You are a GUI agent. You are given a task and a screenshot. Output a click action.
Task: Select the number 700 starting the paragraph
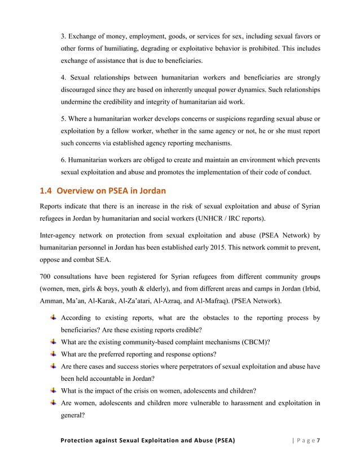46,276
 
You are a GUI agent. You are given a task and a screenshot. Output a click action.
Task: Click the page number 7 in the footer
318,439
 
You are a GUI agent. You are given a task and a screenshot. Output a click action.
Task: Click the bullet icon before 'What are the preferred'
53,354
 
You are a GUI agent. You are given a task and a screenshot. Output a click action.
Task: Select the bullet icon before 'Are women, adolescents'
53,402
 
